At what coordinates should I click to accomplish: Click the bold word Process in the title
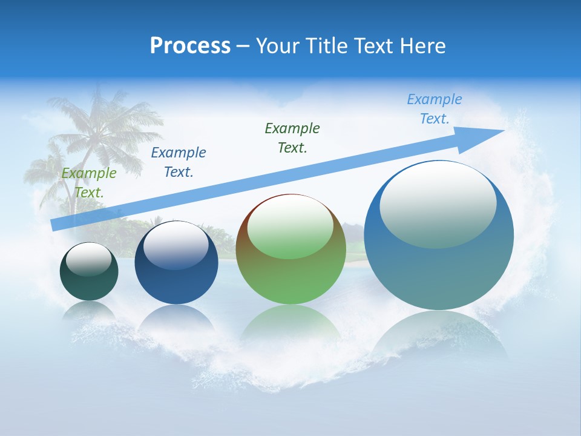click(x=190, y=46)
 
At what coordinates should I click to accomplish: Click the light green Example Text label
click(x=89, y=183)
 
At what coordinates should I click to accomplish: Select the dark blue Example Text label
click(x=179, y=162)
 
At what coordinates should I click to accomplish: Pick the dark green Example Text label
click(x=292, y=138)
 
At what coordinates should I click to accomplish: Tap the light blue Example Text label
click(x=435, y=109)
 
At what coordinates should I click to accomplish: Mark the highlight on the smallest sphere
click(x=89, y=259)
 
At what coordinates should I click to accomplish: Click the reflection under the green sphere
click(x=291, y=324)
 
